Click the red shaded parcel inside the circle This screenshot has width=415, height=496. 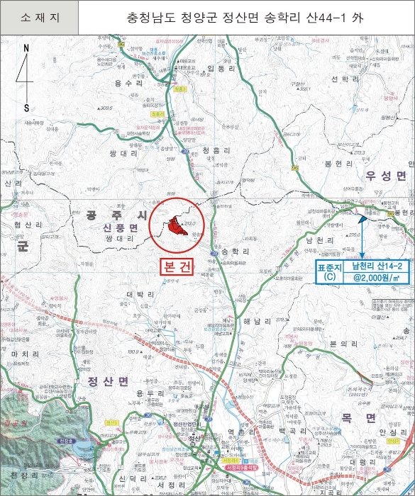pos(179,229)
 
